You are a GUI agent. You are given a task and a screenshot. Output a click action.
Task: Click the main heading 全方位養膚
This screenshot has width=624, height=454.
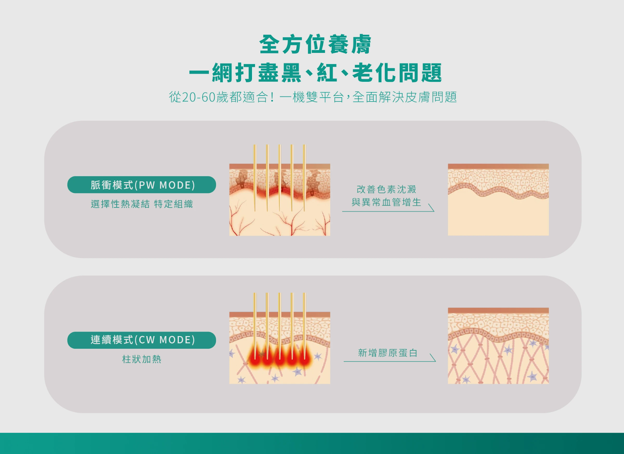pos(315,44)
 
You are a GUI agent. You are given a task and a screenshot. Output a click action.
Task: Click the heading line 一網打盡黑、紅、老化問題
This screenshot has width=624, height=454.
pos(315,73)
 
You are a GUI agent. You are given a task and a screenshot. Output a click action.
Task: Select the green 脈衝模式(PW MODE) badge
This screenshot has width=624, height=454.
pos(142,185)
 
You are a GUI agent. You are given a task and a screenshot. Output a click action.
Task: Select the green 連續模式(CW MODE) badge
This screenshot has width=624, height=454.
pos(142,340)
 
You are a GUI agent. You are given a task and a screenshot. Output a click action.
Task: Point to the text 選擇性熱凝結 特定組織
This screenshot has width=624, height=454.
pos(142,204)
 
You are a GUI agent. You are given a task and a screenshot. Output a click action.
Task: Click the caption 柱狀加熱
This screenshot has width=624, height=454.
pos(142,359)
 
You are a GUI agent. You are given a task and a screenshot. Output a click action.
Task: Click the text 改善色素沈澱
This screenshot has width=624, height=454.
pos(386,189)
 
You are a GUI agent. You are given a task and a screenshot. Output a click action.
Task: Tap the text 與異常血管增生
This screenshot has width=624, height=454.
pos(386,202)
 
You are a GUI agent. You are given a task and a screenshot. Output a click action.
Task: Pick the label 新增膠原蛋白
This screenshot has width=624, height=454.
pos(388,353)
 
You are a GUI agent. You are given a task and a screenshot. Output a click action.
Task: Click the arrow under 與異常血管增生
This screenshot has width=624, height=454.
pos(388,211)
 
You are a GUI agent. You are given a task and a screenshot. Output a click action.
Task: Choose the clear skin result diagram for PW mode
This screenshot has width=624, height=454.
pos(498,199)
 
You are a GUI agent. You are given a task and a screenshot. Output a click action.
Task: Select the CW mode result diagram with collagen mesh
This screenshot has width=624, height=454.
pos(498,346)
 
